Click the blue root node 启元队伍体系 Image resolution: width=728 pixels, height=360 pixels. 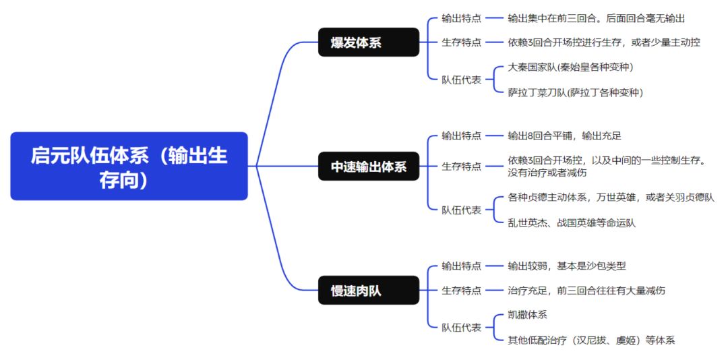(x=129, y=166)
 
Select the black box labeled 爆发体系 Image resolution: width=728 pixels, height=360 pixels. (x=369, y=42)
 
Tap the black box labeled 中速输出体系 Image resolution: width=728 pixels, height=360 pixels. (x=369, y=167)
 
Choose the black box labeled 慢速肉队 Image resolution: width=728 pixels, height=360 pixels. (x=369, y=291)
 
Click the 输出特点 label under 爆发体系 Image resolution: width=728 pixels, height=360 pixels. (x=461, y=19)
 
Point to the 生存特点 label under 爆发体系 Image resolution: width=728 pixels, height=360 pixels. (x=461, y=42)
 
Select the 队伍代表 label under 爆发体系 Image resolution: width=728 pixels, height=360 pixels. (x=461, y=80)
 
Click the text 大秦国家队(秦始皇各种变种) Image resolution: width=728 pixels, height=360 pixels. (x=570, y=67)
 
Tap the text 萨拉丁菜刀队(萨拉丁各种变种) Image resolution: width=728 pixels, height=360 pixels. (x=575, y=92)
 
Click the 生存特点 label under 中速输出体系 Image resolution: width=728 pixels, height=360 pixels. (x=461, y=167)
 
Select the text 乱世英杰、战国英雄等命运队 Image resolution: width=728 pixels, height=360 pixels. (x=572, y=222)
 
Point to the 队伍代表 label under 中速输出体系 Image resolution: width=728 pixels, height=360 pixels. (x=461, y=210)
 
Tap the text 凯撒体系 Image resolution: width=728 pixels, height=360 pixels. (x=527, y=315)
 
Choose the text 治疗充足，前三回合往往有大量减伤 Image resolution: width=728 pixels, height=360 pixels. (x=586, y=291)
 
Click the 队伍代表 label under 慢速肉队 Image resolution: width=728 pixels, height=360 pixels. (x=461, y=328)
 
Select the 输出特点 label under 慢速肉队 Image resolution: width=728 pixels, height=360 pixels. (x=461, y=266)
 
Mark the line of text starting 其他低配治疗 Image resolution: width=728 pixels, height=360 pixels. (x=591, y=340)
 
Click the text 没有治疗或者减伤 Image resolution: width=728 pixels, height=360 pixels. (x=548, y=173)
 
